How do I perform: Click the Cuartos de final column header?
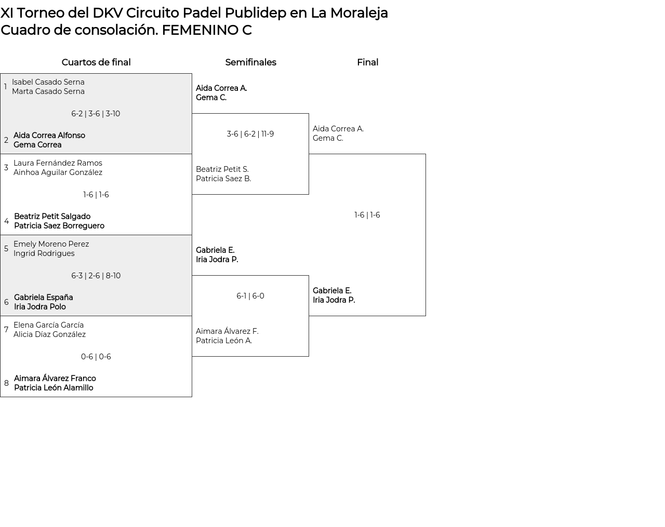pos(96,62)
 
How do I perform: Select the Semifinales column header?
pos(250,62)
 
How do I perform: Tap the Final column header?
pos(367,62)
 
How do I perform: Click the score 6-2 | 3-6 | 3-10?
pos(96,114)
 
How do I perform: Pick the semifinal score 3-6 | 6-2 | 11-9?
pos(250,134)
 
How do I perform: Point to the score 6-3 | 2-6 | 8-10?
pos(96,276)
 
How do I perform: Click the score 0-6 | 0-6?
pos(96,357)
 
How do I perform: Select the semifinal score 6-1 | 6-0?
pos(250,296)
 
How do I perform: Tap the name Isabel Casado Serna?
pos(48,82)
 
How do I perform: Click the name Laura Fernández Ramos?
pos(58,163)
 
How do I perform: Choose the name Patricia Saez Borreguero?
pos(59,226)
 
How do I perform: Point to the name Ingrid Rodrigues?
pos(44,253)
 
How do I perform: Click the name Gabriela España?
pos(44,298)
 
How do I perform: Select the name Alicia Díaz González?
pos(49,334)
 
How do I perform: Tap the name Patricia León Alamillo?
pos(54,388)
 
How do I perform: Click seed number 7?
pos(6,330)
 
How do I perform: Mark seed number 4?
pos(6,221)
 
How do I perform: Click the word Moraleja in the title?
pos(359,13)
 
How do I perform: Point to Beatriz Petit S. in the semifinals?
pos(222,169)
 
